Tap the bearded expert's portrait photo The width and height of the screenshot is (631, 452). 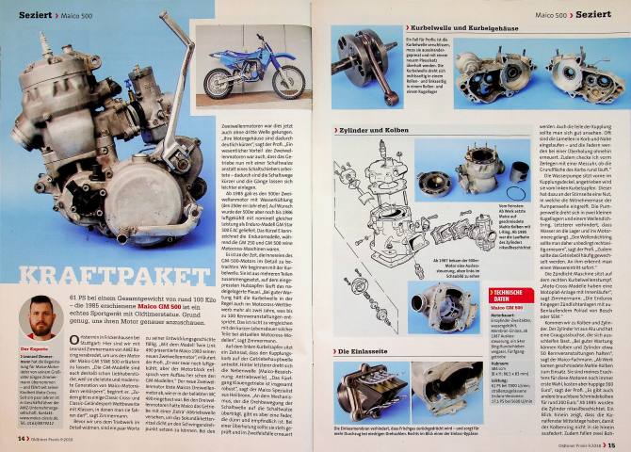click(36, 320)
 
